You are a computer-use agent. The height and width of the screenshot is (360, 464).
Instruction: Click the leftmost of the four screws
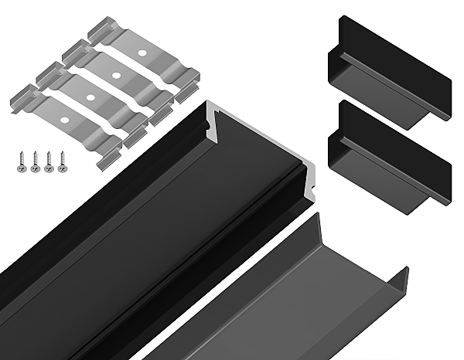pyautogui.click(x=20, y=161)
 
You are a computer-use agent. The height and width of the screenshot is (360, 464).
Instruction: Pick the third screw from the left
pyautogui.click(x=47, y=162)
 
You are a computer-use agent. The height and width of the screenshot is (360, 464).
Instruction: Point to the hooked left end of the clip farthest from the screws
pyautogui.click(x=97, y=34)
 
